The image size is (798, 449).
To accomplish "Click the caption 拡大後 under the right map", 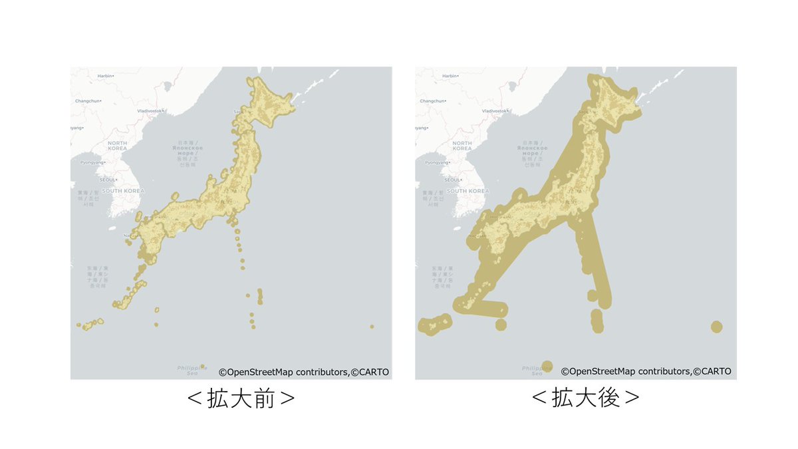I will pyautogui.click(x=586, y=398).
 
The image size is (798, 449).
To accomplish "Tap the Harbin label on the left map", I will pyautogui.click(x=105, y=76).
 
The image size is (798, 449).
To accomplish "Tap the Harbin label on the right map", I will pyautogui.click(x=450, y=76).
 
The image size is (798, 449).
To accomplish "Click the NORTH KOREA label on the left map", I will pyautogui.click(x=117, y=146).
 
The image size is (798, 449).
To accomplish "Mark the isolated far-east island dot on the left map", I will pyautogui.click(x=372, y=326).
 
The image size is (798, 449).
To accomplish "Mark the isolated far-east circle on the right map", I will pyautogui.click(x=716, y=327).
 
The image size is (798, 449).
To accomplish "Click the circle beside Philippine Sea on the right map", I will pyautogui.click(x=547, y=365).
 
